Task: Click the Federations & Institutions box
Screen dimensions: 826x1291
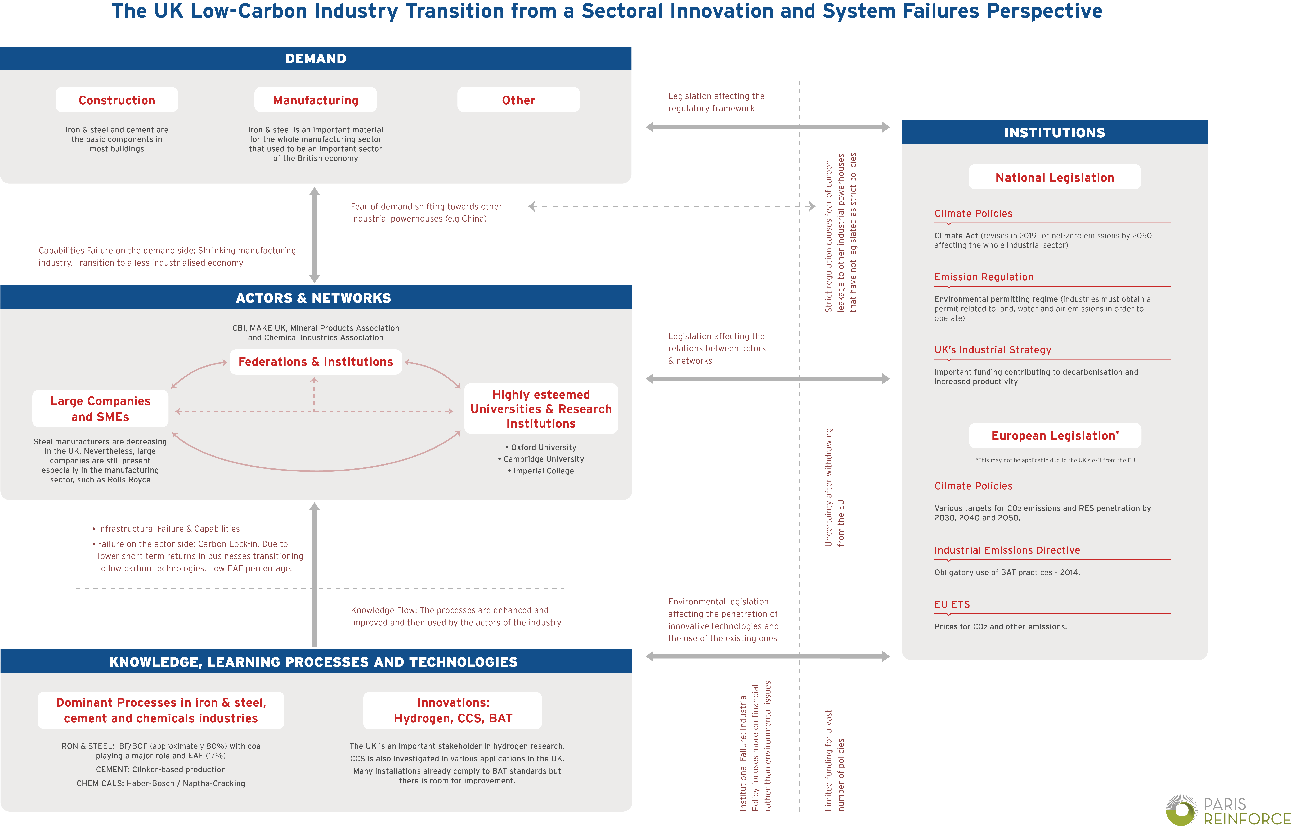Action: click(315, 362)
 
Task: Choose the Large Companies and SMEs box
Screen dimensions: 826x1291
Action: click(100, 409)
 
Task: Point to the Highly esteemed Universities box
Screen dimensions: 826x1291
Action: click(541, 409)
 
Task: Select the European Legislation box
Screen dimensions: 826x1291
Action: click(1055, 436)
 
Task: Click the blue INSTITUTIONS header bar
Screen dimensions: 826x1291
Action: click(1055, 133)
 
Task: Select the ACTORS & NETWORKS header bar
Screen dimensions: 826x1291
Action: click(315, 298)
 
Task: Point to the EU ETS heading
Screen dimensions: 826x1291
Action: click(952, 604)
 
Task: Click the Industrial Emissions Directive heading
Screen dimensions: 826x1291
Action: click(1007, 550)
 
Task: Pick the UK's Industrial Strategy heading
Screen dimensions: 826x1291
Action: click(992, 350)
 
